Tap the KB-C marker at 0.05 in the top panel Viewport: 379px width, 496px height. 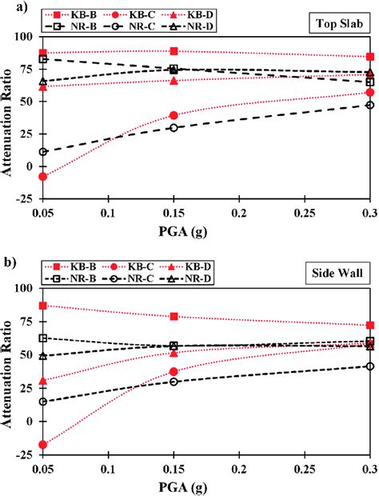click(x=43, y=177)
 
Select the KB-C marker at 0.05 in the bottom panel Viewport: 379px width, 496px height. click(x=43, y=445)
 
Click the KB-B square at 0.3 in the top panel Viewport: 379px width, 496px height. click(x=369, y=57)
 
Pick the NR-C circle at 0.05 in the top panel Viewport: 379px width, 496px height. click(x=43, y=152)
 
